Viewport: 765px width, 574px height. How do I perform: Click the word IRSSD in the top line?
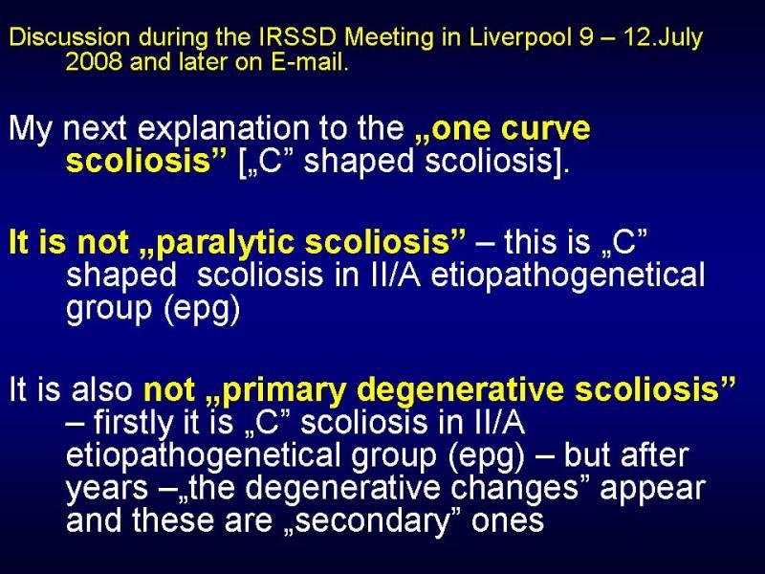click(298, 37)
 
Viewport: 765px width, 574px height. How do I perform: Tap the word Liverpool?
click(521, 37)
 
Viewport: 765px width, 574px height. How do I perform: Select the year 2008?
click(94, 62)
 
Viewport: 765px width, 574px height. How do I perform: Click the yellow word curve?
click(545, 129)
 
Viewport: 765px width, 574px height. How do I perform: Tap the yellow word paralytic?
click(217, 243)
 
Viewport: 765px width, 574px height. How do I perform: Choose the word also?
click(102, 389)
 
